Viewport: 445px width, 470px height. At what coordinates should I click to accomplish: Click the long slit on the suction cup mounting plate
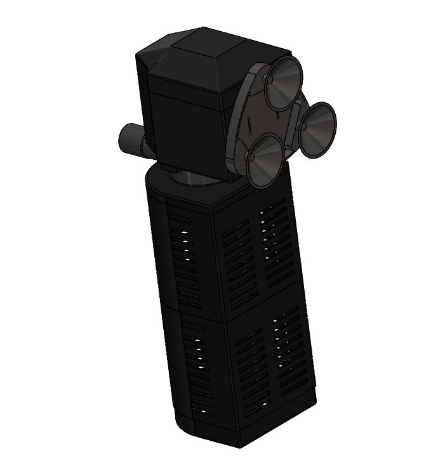(249, 123)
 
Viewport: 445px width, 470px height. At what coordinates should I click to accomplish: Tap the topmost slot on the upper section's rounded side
(181, 218)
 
